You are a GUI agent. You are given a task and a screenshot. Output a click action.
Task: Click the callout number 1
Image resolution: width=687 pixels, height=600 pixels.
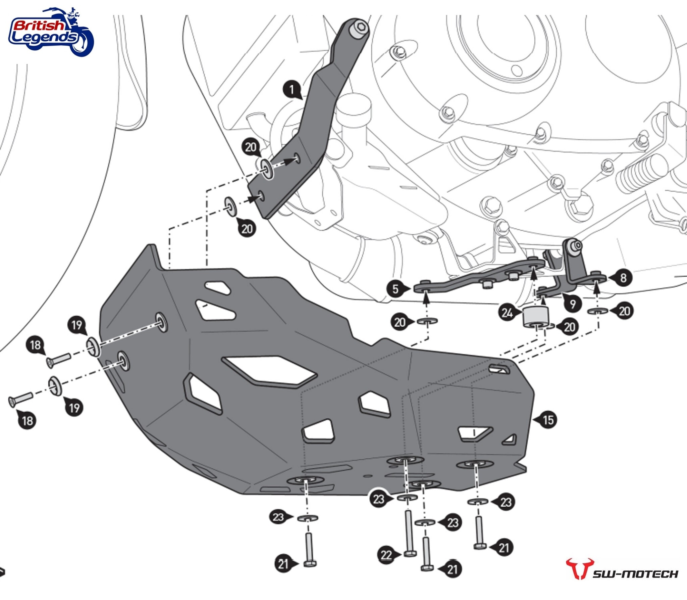pyautogui.click(x=292, y=90)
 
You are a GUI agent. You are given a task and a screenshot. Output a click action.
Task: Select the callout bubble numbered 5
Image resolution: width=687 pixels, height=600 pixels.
pyautogui.click(x=395, y=289)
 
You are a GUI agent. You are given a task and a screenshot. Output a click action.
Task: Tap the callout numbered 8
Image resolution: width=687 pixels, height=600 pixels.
pyautogui.click(x=623, y=278)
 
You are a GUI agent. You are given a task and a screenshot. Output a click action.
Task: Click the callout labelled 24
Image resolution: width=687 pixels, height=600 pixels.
pyautogui.click(x=507, y=313)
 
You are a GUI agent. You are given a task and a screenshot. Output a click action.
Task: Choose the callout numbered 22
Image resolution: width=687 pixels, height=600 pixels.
pyautogui.click(x=386, y=555)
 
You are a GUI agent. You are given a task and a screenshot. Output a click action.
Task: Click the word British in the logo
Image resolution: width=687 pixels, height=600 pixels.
pyautogui.click(x=38, y=25)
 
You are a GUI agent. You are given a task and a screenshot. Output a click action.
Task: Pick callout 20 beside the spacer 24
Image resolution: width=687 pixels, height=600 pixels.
pyautogui.click(x=570, y=327)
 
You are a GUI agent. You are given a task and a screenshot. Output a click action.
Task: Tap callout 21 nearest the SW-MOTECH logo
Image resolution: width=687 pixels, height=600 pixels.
pyautogui.click(x=504, y=548)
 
